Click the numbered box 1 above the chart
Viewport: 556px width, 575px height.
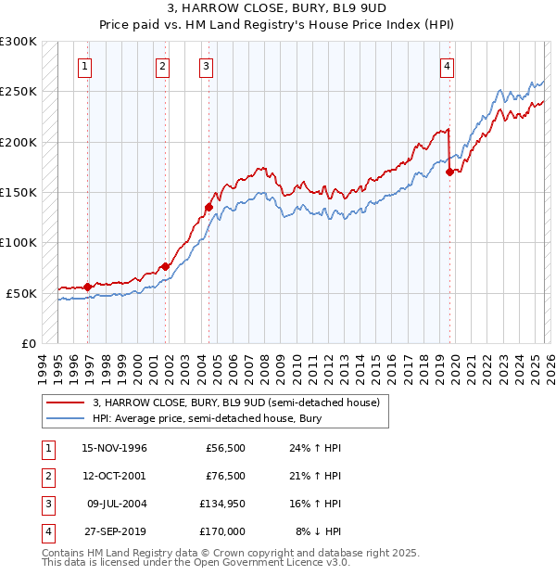[x=84, y=66]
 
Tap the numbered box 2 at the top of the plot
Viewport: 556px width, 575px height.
[x=162, y=66]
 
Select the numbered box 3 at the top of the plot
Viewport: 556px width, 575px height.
[x=205, y=66]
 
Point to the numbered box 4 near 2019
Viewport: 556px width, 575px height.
[x=447, y=66]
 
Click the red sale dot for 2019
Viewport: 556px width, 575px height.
[x=449, y=172]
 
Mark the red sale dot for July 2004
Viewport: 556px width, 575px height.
[x=208, y=207]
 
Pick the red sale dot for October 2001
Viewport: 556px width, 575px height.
[x=166, y=266]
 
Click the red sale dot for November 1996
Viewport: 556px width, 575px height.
[x=88, y=287]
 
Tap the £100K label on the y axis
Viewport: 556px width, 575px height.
[x=19, y=242]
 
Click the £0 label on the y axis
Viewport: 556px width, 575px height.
[x=28, y=343]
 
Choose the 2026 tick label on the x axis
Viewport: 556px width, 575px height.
[x=548, y=366]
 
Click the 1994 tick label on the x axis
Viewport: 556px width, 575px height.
[x=43, y=366]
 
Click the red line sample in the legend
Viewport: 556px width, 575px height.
[x=65, y=403]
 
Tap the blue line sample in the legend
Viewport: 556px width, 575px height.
[x=65, y=419]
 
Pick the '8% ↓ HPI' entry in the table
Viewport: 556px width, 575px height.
[x=318, y=531]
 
